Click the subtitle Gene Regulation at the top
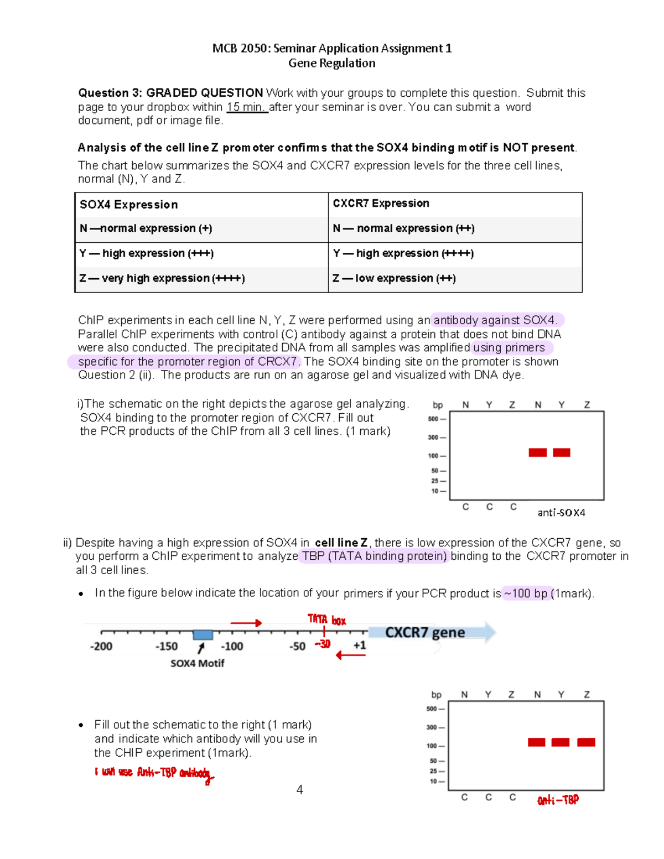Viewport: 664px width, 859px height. coord(331,63)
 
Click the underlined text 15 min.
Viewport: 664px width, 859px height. coord(247,107)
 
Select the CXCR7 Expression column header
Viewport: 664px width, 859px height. coord(381,204)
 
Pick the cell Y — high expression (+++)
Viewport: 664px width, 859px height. coord(147,253)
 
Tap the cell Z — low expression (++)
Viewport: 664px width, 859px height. coord(394,278)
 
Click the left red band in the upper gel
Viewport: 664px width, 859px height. coord(537,452)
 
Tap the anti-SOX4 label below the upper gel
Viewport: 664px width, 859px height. coord(561,513)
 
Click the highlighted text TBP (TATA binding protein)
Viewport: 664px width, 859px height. coord(375,556)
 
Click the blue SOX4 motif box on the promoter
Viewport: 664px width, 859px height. coord(203,634)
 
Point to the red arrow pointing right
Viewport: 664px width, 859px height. coord(246,623)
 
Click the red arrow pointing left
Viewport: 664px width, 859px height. coord(350,655)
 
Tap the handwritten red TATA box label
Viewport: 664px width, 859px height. coord(326,619)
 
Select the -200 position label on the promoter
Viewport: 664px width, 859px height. coord(101,646)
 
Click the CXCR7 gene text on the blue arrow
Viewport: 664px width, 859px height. coord(425,632)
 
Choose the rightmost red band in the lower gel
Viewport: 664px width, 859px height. coord(586,742)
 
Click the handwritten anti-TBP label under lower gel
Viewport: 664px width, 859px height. coord(558,800)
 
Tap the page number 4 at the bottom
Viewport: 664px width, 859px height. coord(299,790)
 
